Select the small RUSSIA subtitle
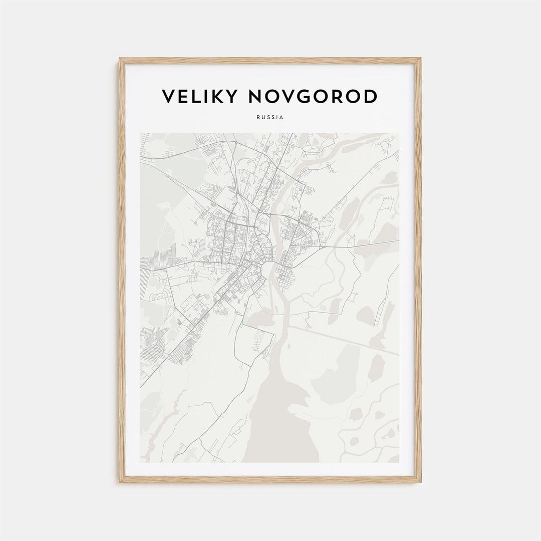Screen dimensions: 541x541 point(270,117)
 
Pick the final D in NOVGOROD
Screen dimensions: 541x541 point(370,97)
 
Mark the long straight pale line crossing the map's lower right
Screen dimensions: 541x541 point(346,341)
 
